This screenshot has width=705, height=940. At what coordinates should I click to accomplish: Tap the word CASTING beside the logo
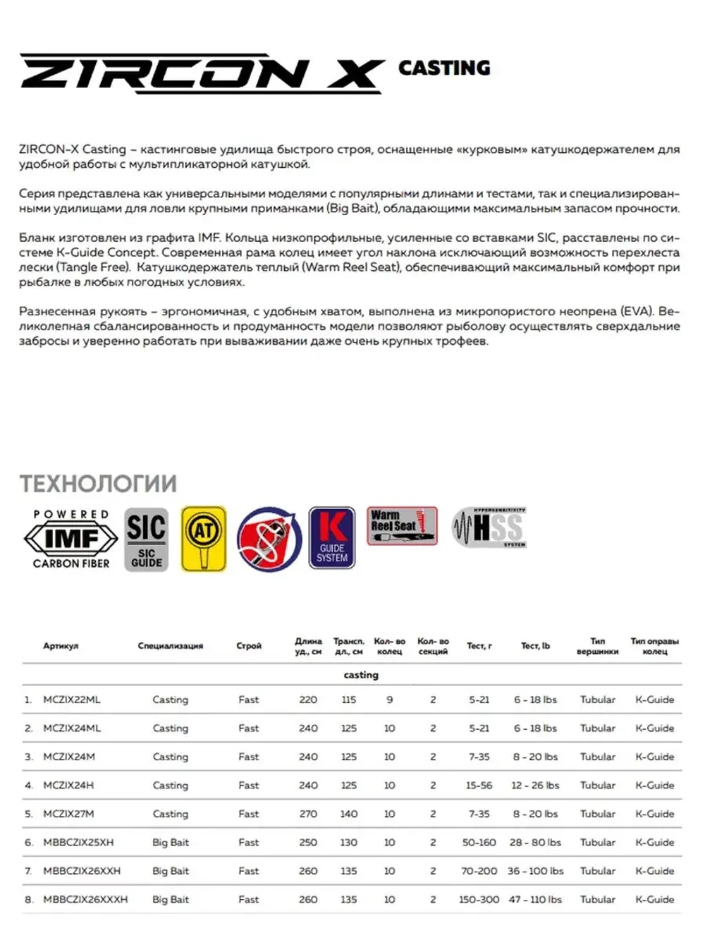(444, 68)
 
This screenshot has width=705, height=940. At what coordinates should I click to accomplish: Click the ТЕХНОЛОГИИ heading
(98, 484)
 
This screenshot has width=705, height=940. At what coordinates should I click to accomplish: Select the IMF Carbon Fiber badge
(71, 539)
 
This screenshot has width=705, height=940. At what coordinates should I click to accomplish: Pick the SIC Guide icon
(147, 539)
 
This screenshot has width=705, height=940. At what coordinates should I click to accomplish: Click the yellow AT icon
(204, 539)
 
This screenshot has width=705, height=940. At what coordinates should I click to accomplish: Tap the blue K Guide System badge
(332, 538)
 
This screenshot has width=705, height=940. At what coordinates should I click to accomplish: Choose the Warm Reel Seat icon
(402, 526)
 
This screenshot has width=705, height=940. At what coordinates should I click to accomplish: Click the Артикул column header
(61, 646)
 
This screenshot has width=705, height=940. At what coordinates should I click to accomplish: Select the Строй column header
(249, 646)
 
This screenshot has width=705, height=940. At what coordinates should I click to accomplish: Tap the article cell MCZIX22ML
(72, 700)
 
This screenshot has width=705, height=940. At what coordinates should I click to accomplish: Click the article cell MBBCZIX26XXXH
(85, 899)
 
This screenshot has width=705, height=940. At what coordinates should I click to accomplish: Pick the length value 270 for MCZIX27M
(308, 814)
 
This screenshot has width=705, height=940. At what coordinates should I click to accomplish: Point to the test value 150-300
(479, 899)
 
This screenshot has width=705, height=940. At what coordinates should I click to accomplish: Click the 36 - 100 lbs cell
(535, 871)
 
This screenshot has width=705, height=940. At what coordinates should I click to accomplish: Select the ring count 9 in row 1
(389, 700)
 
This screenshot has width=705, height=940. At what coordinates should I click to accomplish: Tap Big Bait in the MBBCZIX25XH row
(171, 842)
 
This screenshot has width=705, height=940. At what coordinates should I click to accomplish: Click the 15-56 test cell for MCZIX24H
(479, 785)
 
